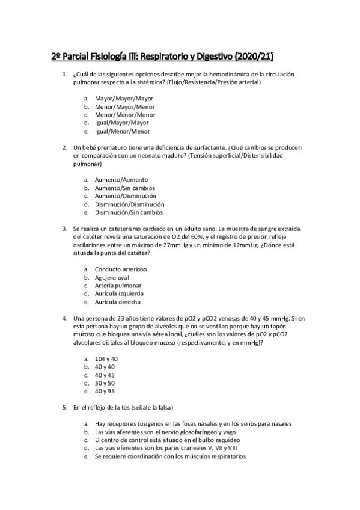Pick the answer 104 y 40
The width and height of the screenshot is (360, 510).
click(x=106, y=358)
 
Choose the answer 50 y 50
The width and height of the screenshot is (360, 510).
click(x=105, y=383)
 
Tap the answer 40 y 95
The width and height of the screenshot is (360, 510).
click(x=105, y=392)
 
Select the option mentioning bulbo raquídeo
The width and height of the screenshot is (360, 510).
click(x=162, y=440)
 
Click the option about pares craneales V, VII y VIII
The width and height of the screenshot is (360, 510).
click(x=166, y=449)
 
